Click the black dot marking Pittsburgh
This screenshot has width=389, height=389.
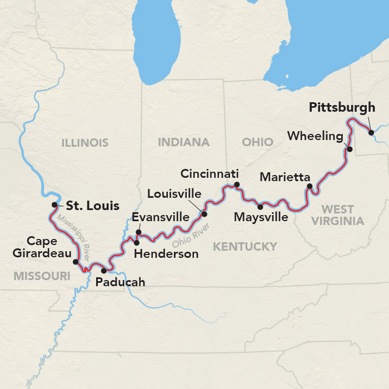click(371, 132)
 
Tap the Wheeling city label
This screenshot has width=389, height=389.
click(315, 136)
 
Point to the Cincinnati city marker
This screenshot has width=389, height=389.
click(237, 184)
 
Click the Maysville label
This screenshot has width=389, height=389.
click(261, 217)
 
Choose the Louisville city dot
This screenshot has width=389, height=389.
click(204, 214)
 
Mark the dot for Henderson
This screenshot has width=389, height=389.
click(137, 242)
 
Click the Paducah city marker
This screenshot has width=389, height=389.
click(103, 271)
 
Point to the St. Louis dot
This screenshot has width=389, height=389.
click(54, 205)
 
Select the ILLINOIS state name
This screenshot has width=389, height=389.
click(85, 143)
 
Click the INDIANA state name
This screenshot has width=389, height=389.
click(183, 142)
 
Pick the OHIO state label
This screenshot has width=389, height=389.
click(257, 142)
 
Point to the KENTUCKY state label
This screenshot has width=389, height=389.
click(245, 246)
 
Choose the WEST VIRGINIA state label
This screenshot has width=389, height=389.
click(338, 215)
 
